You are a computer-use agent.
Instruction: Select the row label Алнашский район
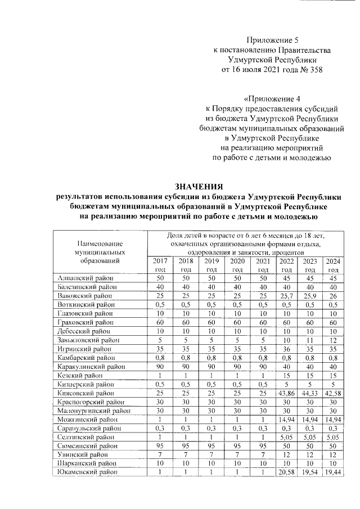[x=86, y=278]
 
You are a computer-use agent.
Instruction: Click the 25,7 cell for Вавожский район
[x=287, y=295]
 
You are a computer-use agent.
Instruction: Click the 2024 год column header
[x=334, y=265]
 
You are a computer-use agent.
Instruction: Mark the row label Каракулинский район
[x=91, y=366]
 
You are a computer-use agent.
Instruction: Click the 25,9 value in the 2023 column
[x=310, y=295]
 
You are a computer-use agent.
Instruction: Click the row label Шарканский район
[x=87, y=462]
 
